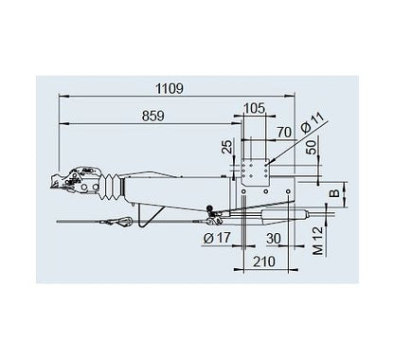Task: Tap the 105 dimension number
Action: tap(250, 108)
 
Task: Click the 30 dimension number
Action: tap(274, 237)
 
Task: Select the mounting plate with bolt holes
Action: tap(256, 176)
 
